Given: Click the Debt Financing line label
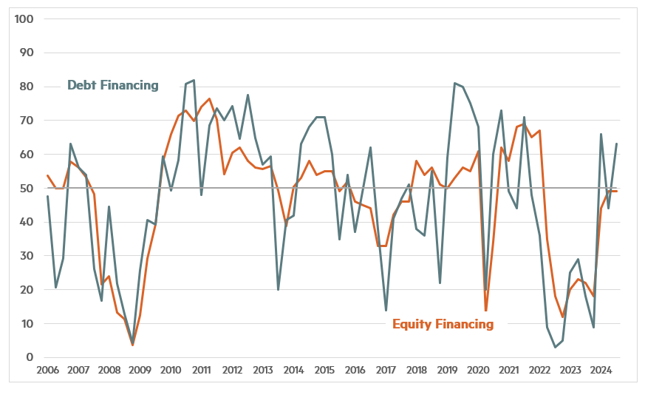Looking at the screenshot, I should click(x=112, y=85).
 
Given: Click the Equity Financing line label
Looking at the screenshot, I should click(x=443, y=324).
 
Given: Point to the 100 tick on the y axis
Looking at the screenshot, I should click(x=25, y=18).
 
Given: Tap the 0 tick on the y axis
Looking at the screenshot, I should click(x=30, y=357).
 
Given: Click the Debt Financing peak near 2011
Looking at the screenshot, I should click(x=194, y=80).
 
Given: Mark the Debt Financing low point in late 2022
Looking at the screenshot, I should click(x=555, y=347).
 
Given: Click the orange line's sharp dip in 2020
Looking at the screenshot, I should click(x=486, y=311).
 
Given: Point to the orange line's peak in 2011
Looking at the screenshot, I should click(x=209, y=98).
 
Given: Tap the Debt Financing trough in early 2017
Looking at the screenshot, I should click(x=386, y=310).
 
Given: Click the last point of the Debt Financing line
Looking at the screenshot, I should click(x=615, y=144).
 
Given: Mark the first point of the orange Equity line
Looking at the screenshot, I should click(x=47, y=175).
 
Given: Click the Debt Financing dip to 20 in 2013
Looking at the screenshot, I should click(x=278, y=289).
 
